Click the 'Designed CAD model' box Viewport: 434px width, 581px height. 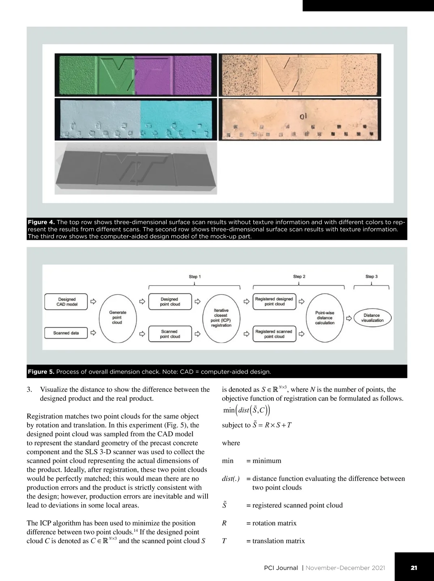66,302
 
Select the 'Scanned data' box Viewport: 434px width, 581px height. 66,333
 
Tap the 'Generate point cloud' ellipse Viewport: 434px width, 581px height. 117,317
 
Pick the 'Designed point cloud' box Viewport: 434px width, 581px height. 170,302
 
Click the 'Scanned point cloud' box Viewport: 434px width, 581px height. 170,334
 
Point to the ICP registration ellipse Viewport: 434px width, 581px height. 221,318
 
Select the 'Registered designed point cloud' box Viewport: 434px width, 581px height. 274,301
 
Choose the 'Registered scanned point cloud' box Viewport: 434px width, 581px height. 274,334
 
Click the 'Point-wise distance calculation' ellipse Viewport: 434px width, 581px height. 325,318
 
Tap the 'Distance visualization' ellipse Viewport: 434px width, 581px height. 372,318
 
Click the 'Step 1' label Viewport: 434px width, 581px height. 195,277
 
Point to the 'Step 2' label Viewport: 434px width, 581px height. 299,277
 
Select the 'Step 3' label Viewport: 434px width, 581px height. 371,277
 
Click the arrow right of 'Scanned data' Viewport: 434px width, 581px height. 93,333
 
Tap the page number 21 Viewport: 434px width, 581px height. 414,568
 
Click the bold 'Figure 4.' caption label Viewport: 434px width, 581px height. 41,222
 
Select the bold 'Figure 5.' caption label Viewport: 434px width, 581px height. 41,372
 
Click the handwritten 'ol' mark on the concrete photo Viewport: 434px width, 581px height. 303,117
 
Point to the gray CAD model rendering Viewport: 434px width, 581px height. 136,168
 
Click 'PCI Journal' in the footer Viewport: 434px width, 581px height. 281,568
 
